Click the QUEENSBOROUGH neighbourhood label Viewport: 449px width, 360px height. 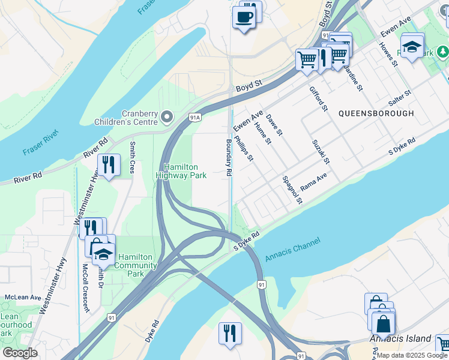click(376, 113)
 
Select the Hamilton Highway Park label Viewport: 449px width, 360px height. click(181, 171)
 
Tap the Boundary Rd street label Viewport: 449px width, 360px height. click(229, 158)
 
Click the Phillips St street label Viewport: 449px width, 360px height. click(244, 148)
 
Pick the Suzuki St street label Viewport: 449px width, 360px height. click(321, 152)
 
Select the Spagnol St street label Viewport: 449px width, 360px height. click(292, 190)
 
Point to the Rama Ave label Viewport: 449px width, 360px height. click(313, 182)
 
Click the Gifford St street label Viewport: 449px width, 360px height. click(318, 99)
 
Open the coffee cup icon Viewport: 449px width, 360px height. click(243, 18)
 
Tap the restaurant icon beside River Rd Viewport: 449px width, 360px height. click(108, 164)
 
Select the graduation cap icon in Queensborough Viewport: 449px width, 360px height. click(412, 47)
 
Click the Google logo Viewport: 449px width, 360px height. click(20, 353)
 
